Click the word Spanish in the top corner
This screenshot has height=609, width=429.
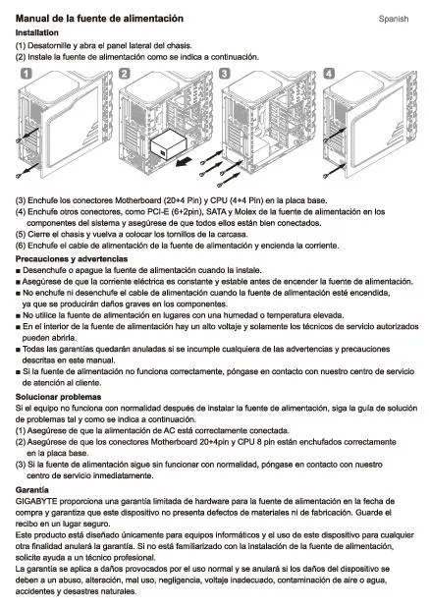point(394,19)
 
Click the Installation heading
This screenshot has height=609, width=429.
point(37,32)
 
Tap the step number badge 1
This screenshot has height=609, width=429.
point(26,74)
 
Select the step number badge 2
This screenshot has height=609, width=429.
point(125,74)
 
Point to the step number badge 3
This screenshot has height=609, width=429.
point(225,74)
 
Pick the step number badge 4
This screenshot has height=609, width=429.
point(329,74)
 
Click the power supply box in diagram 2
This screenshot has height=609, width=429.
point(168,147)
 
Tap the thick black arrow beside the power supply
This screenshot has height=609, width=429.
point(184,161)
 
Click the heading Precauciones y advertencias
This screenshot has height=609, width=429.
point(72,258)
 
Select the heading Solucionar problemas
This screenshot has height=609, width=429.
point(58,397)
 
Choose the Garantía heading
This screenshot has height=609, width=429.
point(31,490)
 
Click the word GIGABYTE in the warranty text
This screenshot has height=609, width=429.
point(36,501)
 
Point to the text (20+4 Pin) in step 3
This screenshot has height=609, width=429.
point(183,200)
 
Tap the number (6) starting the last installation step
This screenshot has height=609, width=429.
point(21,246)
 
